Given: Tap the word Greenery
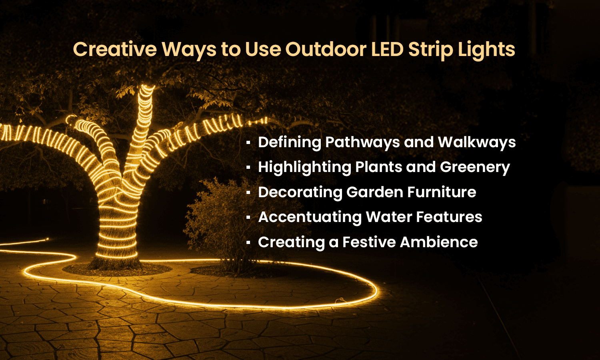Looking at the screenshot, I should [x=475, y=167].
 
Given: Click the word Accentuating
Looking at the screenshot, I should [x=310, y=217].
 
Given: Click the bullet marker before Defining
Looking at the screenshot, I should [x=248, y=143].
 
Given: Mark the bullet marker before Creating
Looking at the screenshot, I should [x=248, y=242].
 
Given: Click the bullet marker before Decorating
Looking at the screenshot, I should [x=248, y=192].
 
